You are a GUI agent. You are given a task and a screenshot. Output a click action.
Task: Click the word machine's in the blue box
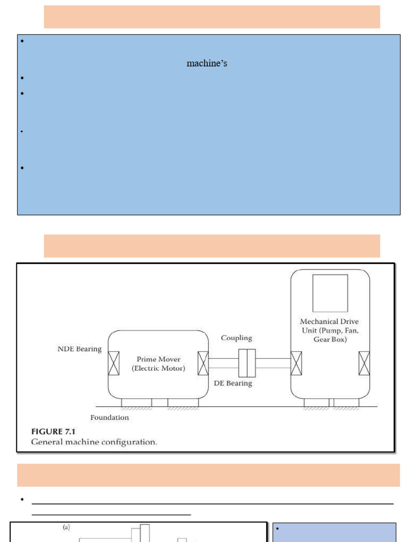[207, 64]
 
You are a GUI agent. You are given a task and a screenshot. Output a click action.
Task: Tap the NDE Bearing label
[79, 349]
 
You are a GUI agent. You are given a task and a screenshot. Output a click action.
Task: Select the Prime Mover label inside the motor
[158, 359]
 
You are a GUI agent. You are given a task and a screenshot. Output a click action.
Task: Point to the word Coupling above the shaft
[236, 338]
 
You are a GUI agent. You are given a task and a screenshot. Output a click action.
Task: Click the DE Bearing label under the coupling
[233, 383]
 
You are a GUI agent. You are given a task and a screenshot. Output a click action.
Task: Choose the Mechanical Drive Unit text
[329, 330]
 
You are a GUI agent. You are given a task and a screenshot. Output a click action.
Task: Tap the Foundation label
[109, 418]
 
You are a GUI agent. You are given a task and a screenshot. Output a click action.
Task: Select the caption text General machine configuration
[94, 442]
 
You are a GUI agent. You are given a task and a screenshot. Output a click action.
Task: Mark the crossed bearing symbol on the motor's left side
[113, 363]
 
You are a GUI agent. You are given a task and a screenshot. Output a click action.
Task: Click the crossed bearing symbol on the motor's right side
[203, 363]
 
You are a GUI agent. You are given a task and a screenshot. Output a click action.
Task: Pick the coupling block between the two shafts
[247, 363]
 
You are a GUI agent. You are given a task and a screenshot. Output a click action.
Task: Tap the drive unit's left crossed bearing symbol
[296, 363]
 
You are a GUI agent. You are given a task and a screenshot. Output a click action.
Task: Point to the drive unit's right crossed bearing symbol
[364, 363]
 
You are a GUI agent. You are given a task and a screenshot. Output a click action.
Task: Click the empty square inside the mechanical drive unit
[330, 293]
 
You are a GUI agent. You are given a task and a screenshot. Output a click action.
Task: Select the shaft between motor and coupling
[223, 363]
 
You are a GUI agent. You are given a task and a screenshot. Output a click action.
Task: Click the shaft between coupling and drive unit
[273, 363]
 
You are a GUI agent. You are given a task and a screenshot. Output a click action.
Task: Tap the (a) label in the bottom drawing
[67, 528]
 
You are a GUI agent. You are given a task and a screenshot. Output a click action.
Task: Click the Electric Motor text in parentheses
[158, 369]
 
